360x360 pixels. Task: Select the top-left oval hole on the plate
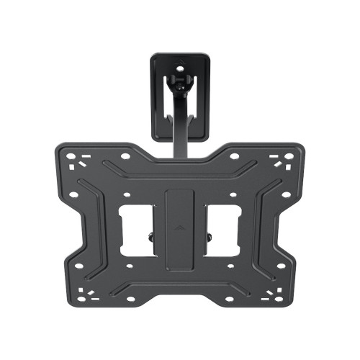pos(125,156)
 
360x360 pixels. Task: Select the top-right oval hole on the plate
pos(235,156)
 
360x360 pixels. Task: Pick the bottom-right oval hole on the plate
pos(230,298)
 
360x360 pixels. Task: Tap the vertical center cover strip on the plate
pos(180,223)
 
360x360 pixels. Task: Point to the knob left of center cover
pos(150,236)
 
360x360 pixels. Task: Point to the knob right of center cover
pos(210,236)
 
